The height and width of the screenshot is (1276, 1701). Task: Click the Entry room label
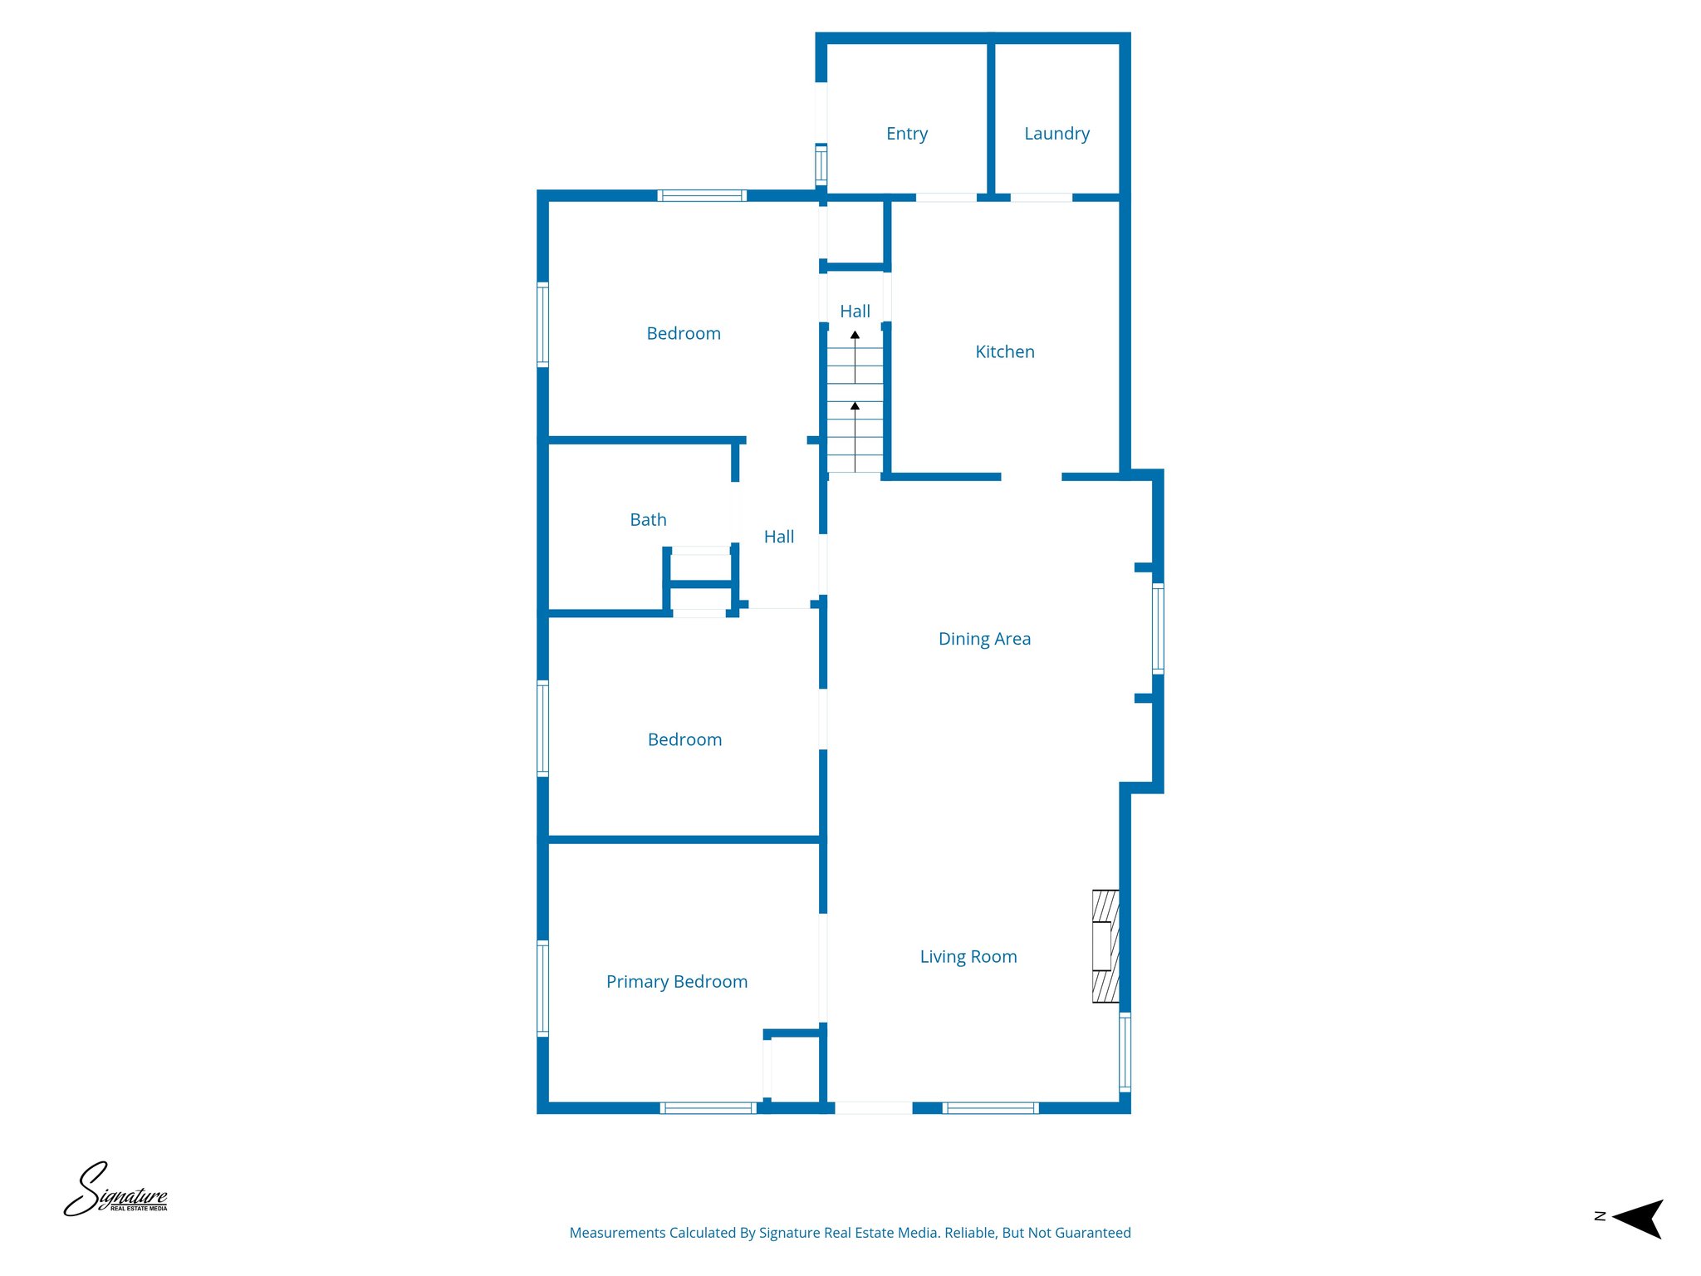pos(906,134)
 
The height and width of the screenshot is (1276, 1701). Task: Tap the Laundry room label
pos(1056,134)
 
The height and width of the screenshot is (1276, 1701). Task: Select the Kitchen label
pos(1004,352)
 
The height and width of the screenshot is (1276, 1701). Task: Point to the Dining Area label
pos(984,639)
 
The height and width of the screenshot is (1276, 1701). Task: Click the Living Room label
pos(968,957)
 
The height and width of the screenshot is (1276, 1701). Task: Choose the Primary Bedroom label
pos(676,982)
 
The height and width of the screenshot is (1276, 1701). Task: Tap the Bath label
pos(648,520)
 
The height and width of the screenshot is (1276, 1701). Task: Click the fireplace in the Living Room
pos(1105,946)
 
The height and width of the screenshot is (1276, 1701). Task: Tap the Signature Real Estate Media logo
pos(116,1190)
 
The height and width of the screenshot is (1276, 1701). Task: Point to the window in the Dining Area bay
pos(1157,628)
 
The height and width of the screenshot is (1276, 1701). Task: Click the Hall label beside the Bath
pos(778,537)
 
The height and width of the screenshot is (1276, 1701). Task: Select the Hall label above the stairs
pos(855,312)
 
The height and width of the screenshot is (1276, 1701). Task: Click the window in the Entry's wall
pos(821,164)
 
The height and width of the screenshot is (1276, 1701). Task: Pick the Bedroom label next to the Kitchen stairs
pos(683,334)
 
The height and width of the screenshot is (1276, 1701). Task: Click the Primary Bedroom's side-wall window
pos(542,988)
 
